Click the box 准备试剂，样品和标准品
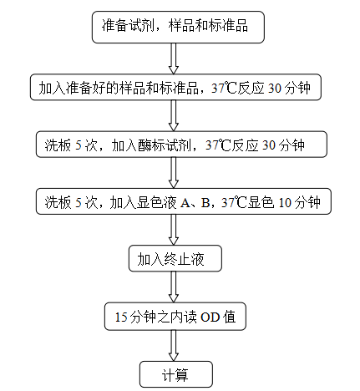point(178,27)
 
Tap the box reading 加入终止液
point(175,258)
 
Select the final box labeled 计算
point(176,374)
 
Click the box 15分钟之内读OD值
point(175,317)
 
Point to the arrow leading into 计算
point(174,346)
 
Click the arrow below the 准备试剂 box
point(174,58)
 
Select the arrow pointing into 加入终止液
point(174,230)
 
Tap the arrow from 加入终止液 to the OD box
point(174,287)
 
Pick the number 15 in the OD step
point(121,317)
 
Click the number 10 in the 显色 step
point(285,202)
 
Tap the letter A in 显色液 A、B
point(185,202)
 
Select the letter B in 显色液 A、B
point(205,202)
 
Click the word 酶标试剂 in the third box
point(165,145)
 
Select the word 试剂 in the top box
point(141,26)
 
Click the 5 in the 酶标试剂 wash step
point(79,145)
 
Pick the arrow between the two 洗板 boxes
point(174,173)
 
